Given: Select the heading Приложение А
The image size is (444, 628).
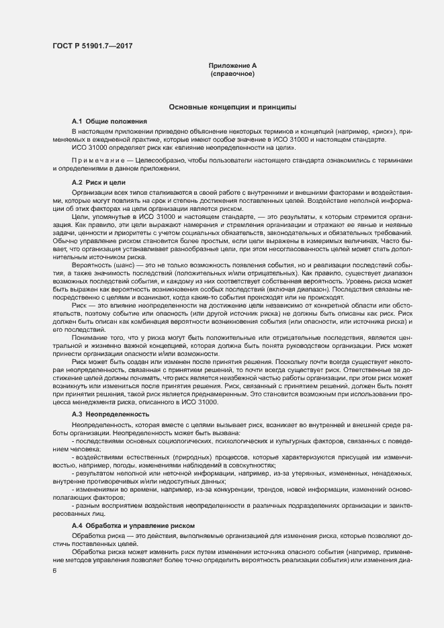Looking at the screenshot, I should (x=232, y=65).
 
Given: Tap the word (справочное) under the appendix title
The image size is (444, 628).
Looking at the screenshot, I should (x=232, y=73).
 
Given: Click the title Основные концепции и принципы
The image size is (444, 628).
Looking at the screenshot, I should (x=232, y=107).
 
